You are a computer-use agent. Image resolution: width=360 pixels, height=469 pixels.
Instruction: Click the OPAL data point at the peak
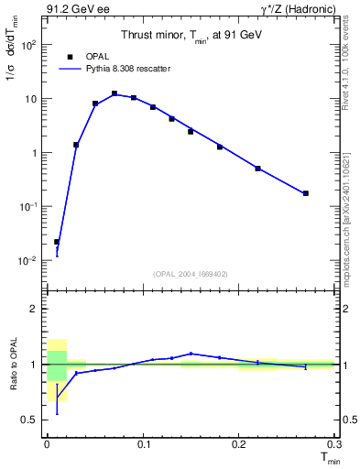coord(115,93)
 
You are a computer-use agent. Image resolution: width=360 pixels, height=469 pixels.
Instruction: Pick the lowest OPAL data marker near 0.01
coord(57,242)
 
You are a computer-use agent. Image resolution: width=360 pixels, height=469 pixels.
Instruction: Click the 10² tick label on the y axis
coord(30,44)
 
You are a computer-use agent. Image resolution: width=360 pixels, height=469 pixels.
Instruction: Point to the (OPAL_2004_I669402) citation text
coord(191,274)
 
